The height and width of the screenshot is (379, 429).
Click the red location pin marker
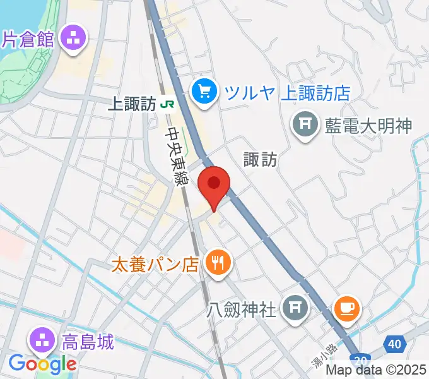click(214, 185)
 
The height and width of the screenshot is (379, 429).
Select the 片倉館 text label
click(28, 39)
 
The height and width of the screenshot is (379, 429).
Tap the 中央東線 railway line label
click(177, 157)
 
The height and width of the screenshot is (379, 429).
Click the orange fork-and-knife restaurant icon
click(218, 262)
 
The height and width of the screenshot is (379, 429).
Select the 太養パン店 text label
click(155, 263)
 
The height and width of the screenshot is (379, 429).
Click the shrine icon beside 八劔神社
click(295, 309)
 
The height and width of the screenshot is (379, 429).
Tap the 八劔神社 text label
click(242, 310)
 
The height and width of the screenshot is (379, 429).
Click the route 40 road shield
click(394, 344)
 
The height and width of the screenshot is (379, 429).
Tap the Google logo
click(42, 364)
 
